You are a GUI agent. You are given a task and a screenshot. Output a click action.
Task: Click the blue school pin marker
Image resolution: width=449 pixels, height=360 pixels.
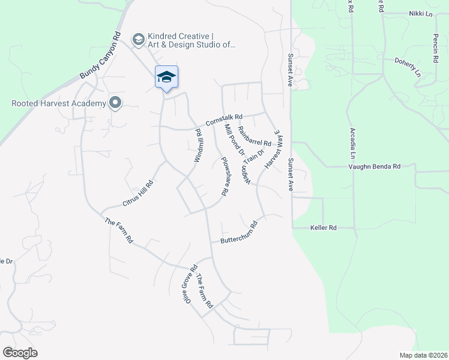click(x=166, y=77)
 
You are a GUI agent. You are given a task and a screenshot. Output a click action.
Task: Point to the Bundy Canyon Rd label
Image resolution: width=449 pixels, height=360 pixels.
click(x=101, y=56)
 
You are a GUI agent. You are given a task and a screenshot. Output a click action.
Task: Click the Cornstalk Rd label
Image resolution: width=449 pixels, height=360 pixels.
click(x=223, y=120)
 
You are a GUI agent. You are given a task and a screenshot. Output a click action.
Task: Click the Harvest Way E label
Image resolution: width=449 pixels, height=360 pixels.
click(x=274, y=148)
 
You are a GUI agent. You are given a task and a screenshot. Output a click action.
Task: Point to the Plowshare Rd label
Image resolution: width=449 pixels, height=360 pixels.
click(x=225, y=176)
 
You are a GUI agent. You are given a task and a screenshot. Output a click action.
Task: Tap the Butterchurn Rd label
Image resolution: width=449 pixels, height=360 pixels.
click(x=238, y=233)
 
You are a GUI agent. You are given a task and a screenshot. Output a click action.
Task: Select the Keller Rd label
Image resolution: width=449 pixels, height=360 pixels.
click(x=323, y=228)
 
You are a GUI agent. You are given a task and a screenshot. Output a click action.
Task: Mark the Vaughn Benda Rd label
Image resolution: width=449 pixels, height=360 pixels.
click(x=374, y=166)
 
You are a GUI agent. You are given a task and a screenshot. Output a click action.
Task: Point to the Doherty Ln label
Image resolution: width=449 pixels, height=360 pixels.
click(x=408, y=67)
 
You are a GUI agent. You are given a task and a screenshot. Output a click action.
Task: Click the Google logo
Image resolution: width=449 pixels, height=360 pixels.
click(x=20, y=353)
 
